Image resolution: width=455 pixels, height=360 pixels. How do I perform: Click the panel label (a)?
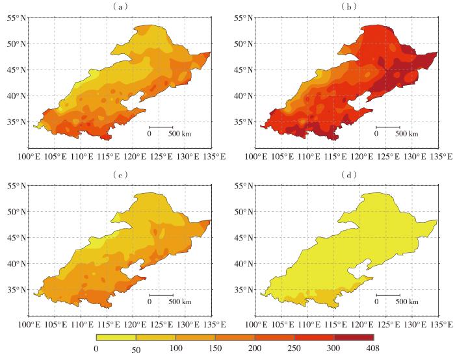(x=120, y=6)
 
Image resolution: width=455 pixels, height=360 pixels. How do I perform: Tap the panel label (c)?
(x=120, y=175)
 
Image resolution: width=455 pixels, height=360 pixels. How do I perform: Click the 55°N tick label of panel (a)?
(x=16, y=18)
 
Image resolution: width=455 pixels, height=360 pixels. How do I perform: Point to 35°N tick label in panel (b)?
(x=243, y=122)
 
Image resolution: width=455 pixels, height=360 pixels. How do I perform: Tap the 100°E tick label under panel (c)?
(x=29, y=325)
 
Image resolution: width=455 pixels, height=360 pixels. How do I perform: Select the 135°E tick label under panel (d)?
(x=441, y=325)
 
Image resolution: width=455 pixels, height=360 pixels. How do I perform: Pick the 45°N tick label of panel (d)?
(x=243, y=238)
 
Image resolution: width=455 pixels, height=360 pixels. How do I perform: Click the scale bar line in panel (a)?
(x=161, y=127)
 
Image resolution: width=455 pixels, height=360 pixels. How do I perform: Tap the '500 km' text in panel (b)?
(x=406, y=134)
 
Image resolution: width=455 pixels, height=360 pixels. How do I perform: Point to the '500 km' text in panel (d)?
(x=406, y=302)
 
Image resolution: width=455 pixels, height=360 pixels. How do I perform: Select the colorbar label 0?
(x=96, y=348)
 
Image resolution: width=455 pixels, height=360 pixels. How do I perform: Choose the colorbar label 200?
(x=255, y=348)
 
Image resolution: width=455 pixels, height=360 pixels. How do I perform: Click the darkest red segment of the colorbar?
(x=354, y=337)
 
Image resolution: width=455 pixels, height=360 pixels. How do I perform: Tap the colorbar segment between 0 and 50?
(x=116, y=337)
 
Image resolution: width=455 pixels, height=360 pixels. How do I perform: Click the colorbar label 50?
(x=136, y=350)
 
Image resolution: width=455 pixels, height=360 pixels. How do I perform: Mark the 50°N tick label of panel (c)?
(x=16, y=212)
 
